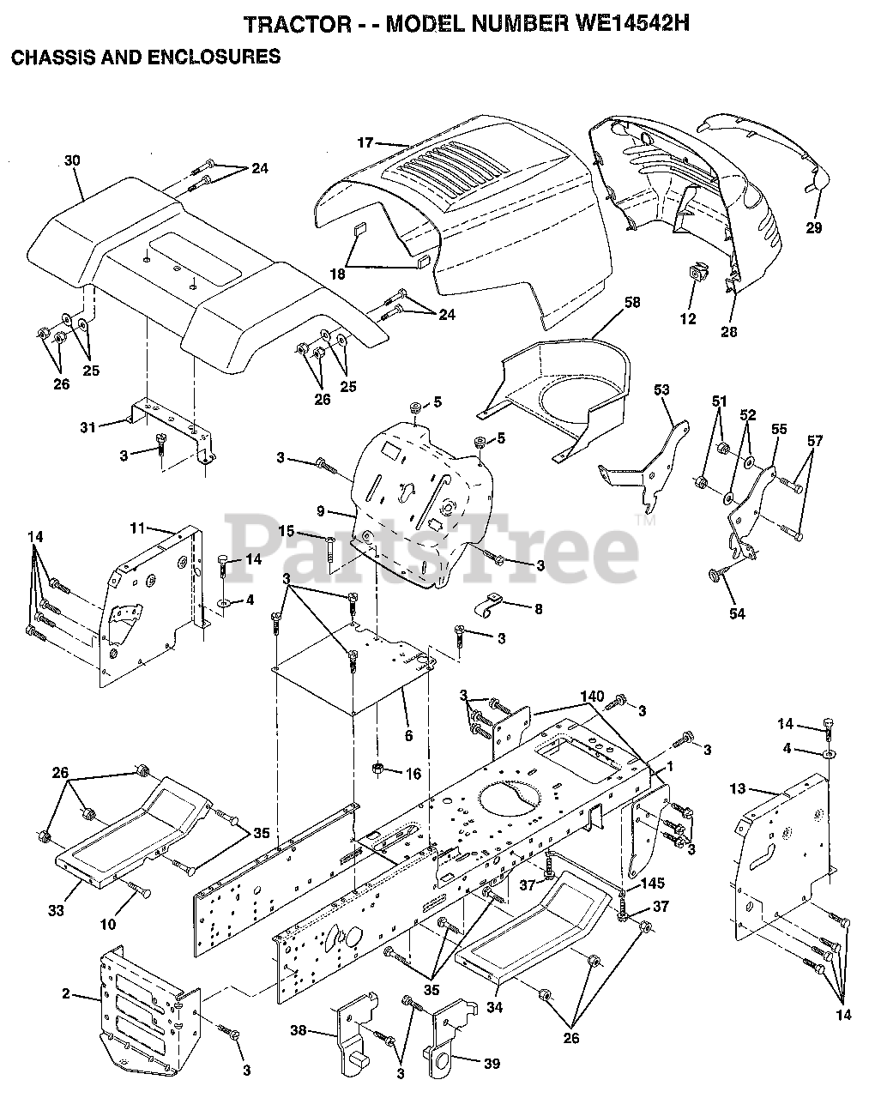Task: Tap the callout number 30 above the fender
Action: pyautogui.click(x=72, y=160)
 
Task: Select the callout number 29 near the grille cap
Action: pyautogui.click(x=813, y=227)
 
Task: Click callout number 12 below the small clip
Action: pyautogui.click(x=688, y=319)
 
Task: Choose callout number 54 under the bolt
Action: pyautogui.click(x=737, y=613)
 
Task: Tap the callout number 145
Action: pyautogui.click(x=652, y=884)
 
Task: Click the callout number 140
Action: pyautogui.click(x=590, y=697)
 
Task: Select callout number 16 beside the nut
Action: pyautogui.click(x=414, y=774)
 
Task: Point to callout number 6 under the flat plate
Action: pyautogui.click(x=408, y=736)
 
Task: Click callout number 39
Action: pyautogui.click(x=490, y=1064)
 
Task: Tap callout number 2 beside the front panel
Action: pyautogui.click(x=66, y=995)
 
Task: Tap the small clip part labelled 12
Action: pyautogui.click(x=697, y=275)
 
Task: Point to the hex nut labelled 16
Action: pyautogui.click(x=377, y=767)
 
